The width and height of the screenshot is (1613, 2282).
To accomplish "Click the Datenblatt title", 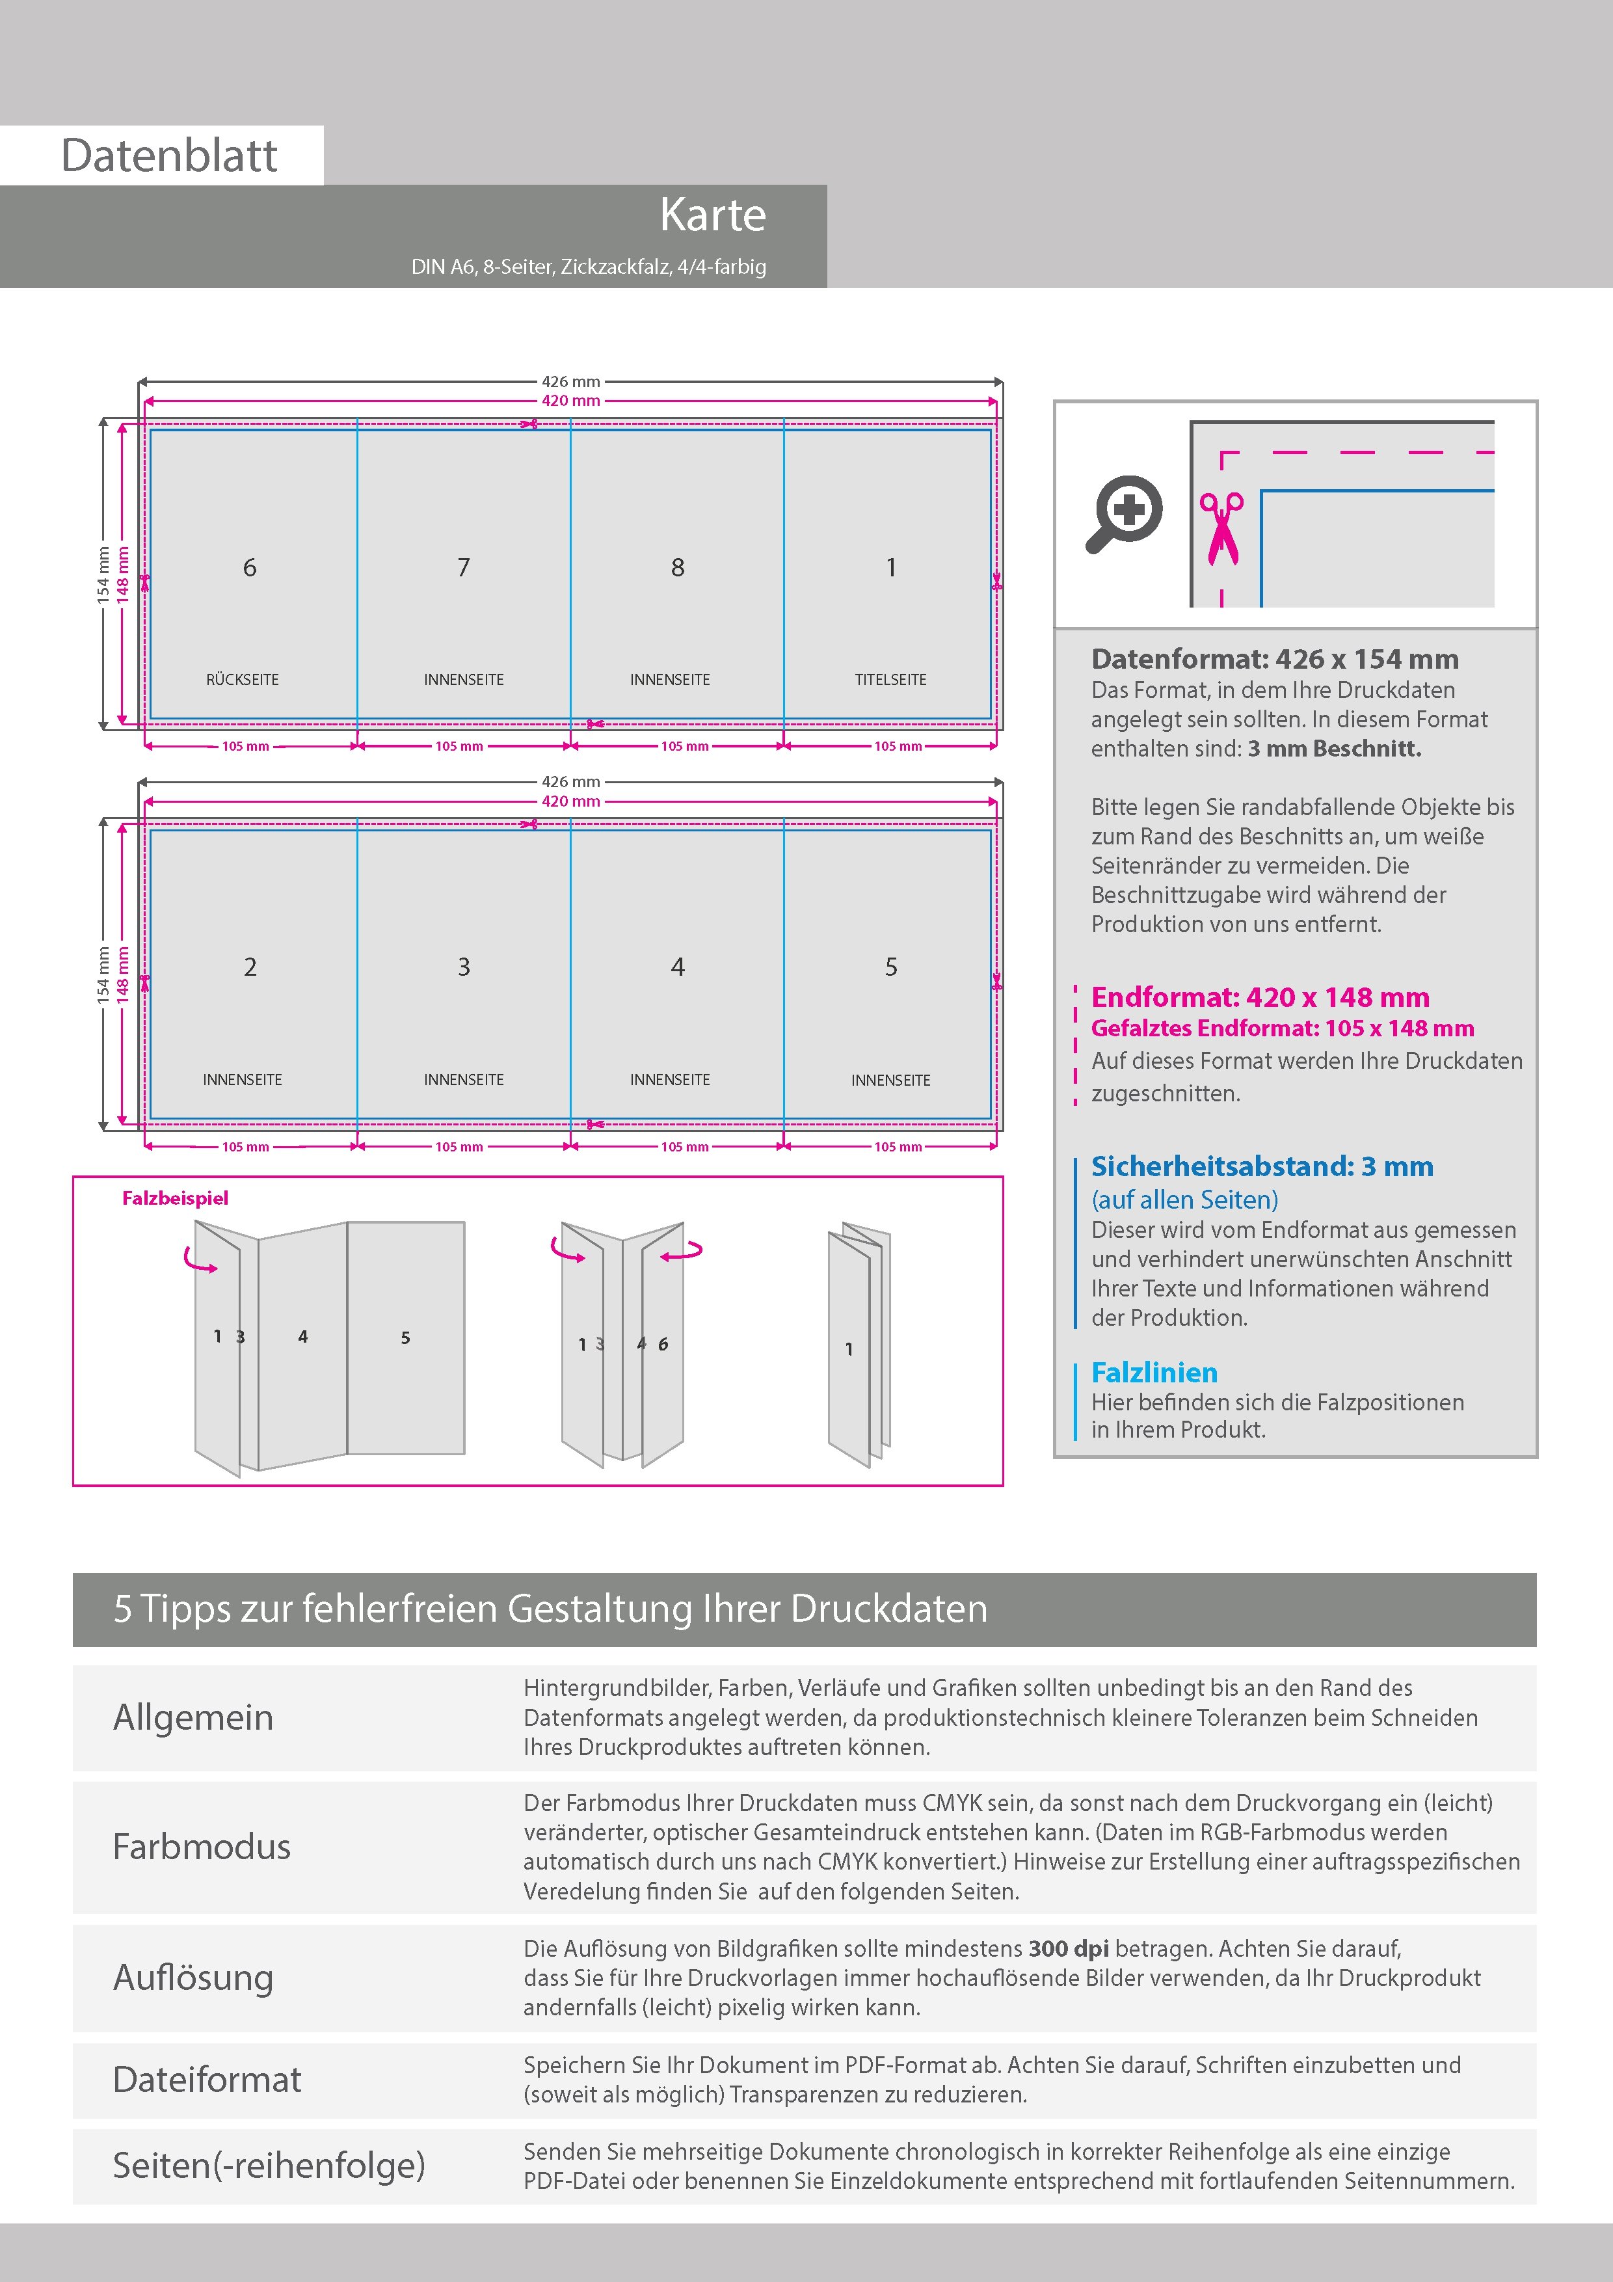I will (169, 156).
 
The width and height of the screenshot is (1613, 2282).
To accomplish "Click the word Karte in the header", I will (713, 216).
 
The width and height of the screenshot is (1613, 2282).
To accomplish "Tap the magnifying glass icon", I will (1124, 513).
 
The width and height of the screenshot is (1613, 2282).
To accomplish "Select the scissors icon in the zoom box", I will (1221, 528).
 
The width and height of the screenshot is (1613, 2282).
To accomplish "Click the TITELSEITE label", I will (890, 680).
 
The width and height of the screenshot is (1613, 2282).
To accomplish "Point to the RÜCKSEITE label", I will (243, 680).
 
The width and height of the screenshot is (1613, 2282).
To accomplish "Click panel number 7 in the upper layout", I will (463, 567).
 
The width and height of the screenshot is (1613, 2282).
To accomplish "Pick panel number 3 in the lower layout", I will (463, 967).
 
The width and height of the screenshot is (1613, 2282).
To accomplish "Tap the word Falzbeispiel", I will (175, 1199).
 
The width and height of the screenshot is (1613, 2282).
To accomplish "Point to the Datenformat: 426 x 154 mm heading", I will (1274, 659).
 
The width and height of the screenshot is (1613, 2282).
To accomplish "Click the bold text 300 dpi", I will (1069, 1948).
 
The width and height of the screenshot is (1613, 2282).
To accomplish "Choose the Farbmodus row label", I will (202, 1847).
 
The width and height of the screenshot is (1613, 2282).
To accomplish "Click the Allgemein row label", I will (193, 1717).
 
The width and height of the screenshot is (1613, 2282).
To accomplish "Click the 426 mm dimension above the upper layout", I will (570, 382).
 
